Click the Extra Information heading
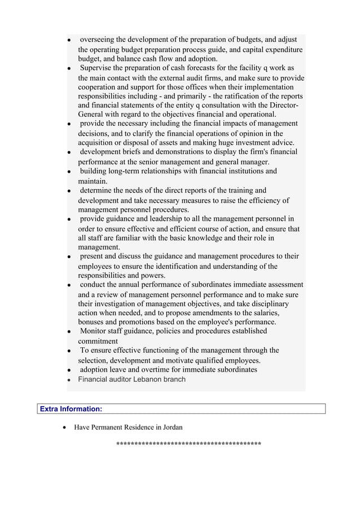[x=71, y=408]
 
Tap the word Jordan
[x=172, y=428]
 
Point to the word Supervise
[x=97, y=68]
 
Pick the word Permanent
[x=109, y=428]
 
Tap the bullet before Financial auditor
[x=68, y=380]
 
